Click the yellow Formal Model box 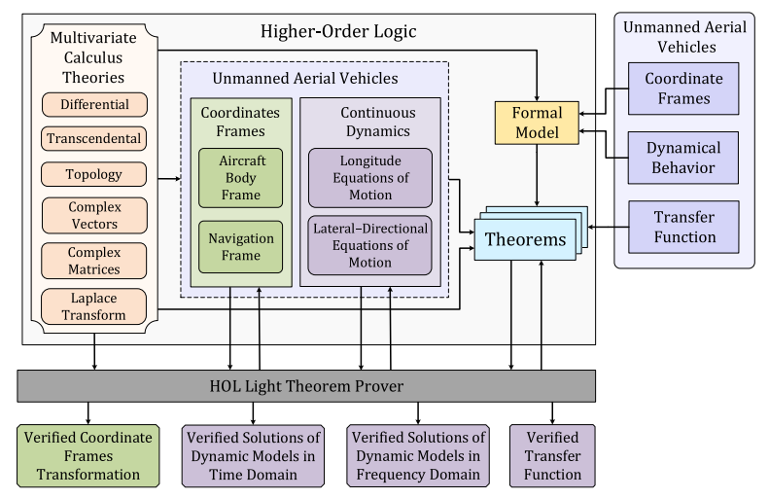click(x=537, y=123)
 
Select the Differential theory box click(x=94, y=104)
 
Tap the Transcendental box click(x=93, y=138)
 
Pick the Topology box click(x=93, y=174)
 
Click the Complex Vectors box click(x=94, y=215)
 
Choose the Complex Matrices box click(x=93, y=261)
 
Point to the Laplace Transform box click(x=93, y=306)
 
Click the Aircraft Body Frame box click(x=240, y=178)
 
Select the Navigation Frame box click(x=240, y=247)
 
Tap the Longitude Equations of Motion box click(x=370, y=178)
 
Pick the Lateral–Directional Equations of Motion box click(x=369, y=245)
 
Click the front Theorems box click(x=525, y=239)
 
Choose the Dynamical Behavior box click(x=683, y=158)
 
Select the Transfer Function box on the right click(x=683, y=227)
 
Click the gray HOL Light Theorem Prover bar click(x=306, y=386)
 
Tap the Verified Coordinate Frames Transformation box click(x=88, y=456)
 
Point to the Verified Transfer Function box click(x=552, y=456)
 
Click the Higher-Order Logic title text click(x=338, y=31)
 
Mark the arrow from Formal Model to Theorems click(x=537, y=175)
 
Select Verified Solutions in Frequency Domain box click(x=418, y=456)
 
